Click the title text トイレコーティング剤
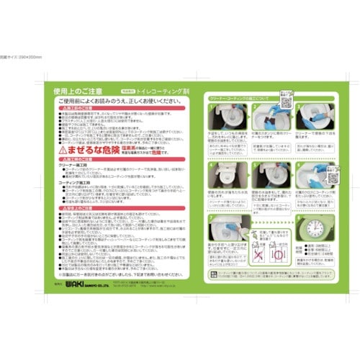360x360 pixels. click(x=158, y=93)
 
